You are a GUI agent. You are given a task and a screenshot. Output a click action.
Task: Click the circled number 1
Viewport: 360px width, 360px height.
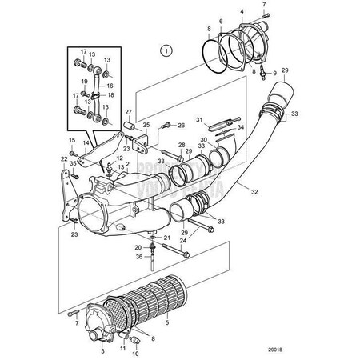pos(166,50)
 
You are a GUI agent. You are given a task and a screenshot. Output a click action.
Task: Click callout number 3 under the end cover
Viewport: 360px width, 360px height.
pos(102,350)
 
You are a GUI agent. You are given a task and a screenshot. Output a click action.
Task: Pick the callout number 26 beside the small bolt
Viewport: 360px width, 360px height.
pos(182,125)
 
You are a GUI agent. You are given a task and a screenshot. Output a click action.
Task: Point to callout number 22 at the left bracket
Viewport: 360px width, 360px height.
pos(65,158)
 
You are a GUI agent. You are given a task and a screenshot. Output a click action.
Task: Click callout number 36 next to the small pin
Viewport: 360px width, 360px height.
pos(139,256)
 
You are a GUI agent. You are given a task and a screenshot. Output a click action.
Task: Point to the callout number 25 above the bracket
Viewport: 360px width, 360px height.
pos(146,125)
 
